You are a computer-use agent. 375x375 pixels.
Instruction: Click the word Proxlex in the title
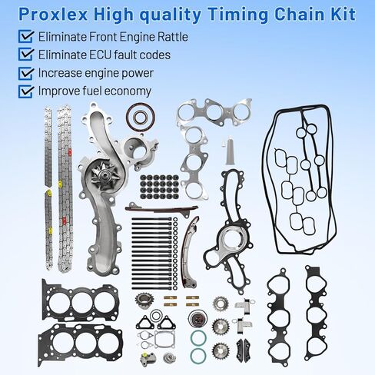54,15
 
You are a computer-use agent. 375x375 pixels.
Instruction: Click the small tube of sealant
228,151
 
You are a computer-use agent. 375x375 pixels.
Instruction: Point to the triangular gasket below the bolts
162,338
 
